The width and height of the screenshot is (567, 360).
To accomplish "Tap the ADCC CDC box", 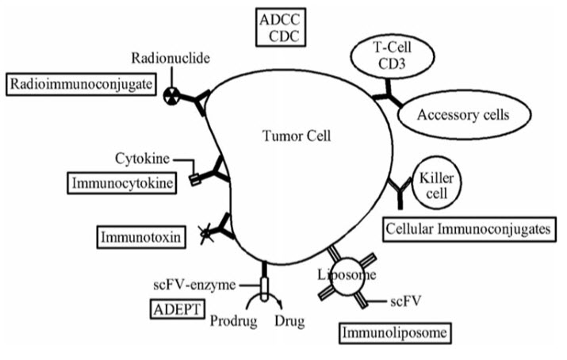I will pyautogui.click(x=282, y=27).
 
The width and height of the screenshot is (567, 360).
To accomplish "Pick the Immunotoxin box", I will pyautogui.click(x=133, y=236).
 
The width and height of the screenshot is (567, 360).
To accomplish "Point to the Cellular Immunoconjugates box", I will pyautogui.click(x=467, y=229).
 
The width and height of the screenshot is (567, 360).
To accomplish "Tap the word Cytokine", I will pyautogui.click(x=141, y=157).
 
